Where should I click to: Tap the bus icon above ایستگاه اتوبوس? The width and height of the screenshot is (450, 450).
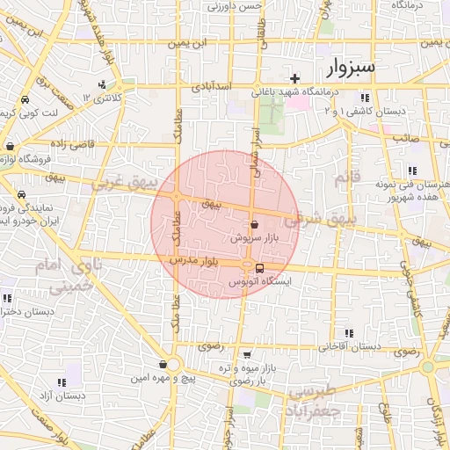pyautogui.click(x=259, y=268)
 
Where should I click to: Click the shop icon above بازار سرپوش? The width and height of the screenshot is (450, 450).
pyautogui.click(x=254, y=225)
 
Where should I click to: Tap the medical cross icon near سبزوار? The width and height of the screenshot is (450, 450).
pyautogui.click(x=295, y=78)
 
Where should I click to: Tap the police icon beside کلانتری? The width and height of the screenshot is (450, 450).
pyautogui.click(x=104, y=85)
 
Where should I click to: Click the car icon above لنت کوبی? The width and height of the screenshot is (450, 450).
pyautogui.click(x=21, y=100)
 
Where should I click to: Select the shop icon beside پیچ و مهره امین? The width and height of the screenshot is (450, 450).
pyautogui.click(x=163, y=364)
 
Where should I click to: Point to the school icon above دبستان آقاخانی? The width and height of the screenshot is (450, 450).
pyautogui.click(x=349, y=333)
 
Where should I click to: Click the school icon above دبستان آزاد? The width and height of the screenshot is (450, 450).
pyautogui.click(x=62, y=382)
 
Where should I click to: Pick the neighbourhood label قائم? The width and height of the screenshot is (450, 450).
pyautogui.click(x=343, y=178)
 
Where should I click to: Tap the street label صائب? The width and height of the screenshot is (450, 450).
pyautogui.click(x=405, y=138)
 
